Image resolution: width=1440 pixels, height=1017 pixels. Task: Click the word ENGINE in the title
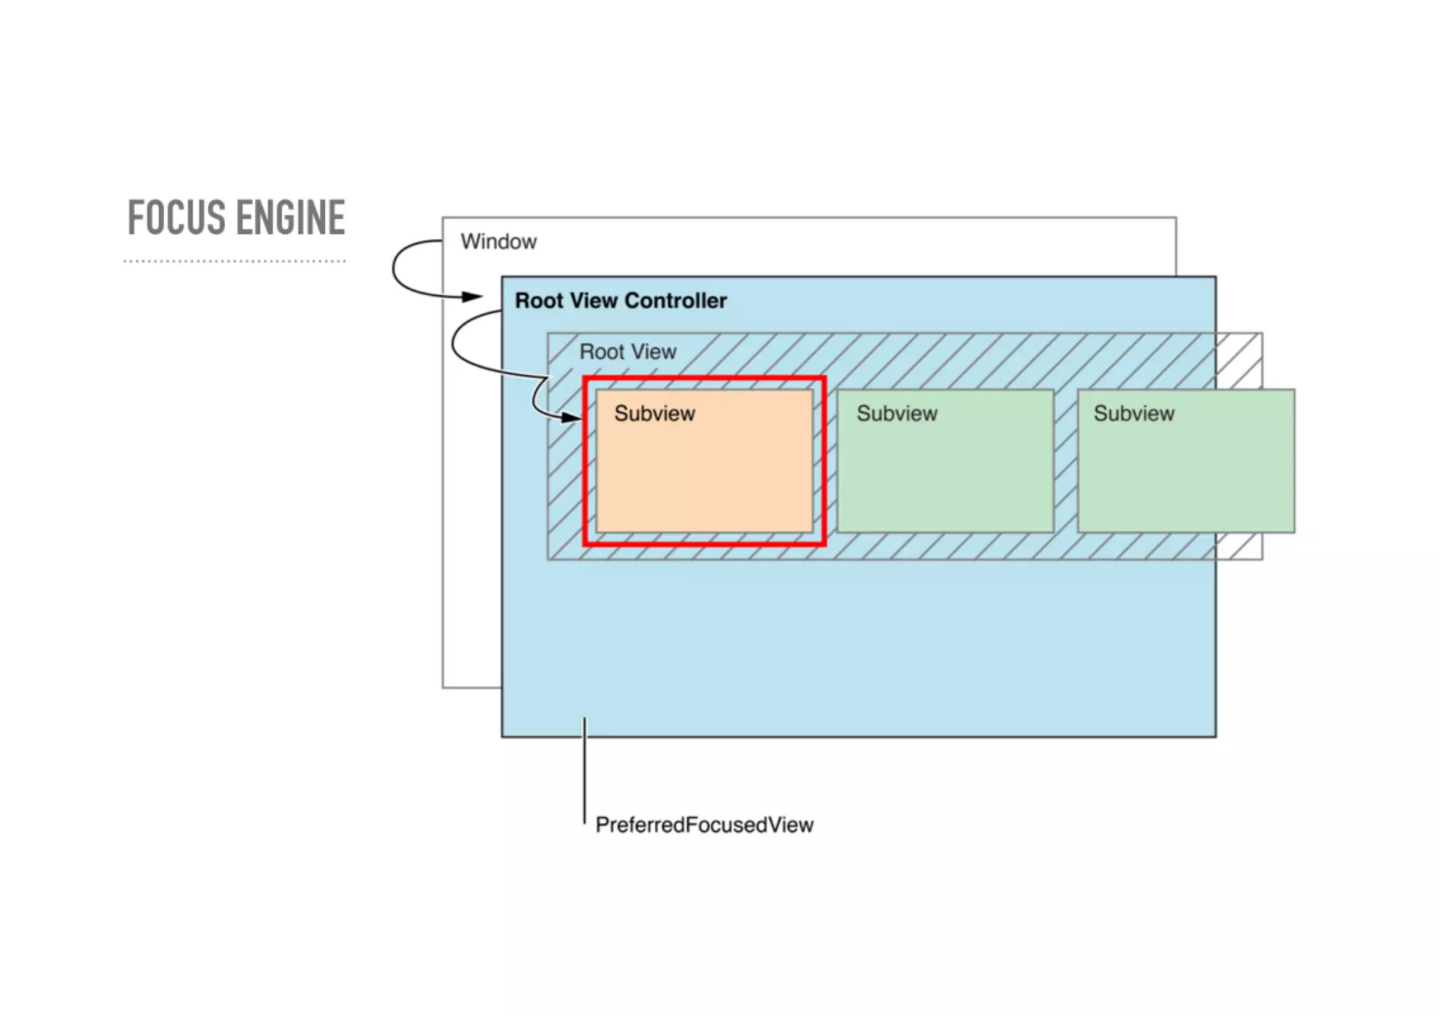pyautogui.click(x=290, y=217)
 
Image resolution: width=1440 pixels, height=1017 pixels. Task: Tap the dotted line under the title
pyautogui.click(x=234, y=261)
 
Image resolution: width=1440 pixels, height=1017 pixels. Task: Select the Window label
pyautogui.click(x=499, y=242)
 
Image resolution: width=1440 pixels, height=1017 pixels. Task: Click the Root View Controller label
pyautogui.click(x=620, y=301)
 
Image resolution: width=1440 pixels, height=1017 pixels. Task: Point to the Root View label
pyautogui.click(x=627, y=351)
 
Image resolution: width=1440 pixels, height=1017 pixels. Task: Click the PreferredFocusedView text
pyautogui.click(x=704, y=824)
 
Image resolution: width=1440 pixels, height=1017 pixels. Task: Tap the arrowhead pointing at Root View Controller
pyautogui.click(x=472, y=297)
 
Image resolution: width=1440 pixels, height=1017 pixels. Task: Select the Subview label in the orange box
pyautogui.click(x=654, y=413)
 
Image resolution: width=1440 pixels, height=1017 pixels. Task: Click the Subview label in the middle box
pyautogui.click(x=896, y=413)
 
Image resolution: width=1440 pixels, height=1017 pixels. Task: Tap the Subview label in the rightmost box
pyautogui.click(x=1133, y=413)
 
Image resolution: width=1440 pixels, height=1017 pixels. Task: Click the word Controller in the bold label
pyautogui.click(x=675, y=301)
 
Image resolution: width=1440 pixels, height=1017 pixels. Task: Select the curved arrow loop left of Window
pyautogui.click(x=394, y=268)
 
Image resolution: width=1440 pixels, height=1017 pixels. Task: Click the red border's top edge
pyautogui.click(x=705, y=380)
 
